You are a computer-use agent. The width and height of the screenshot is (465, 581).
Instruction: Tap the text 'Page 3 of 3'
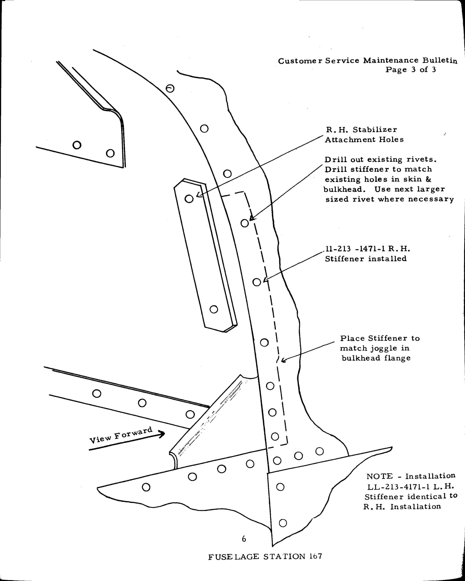pos(411,70)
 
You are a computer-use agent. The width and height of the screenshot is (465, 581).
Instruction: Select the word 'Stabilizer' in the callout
pos(375,130)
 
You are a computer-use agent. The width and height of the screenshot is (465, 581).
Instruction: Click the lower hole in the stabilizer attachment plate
pos(214,309)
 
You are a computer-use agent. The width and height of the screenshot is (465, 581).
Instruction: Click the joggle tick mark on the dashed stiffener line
pos(278,360)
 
